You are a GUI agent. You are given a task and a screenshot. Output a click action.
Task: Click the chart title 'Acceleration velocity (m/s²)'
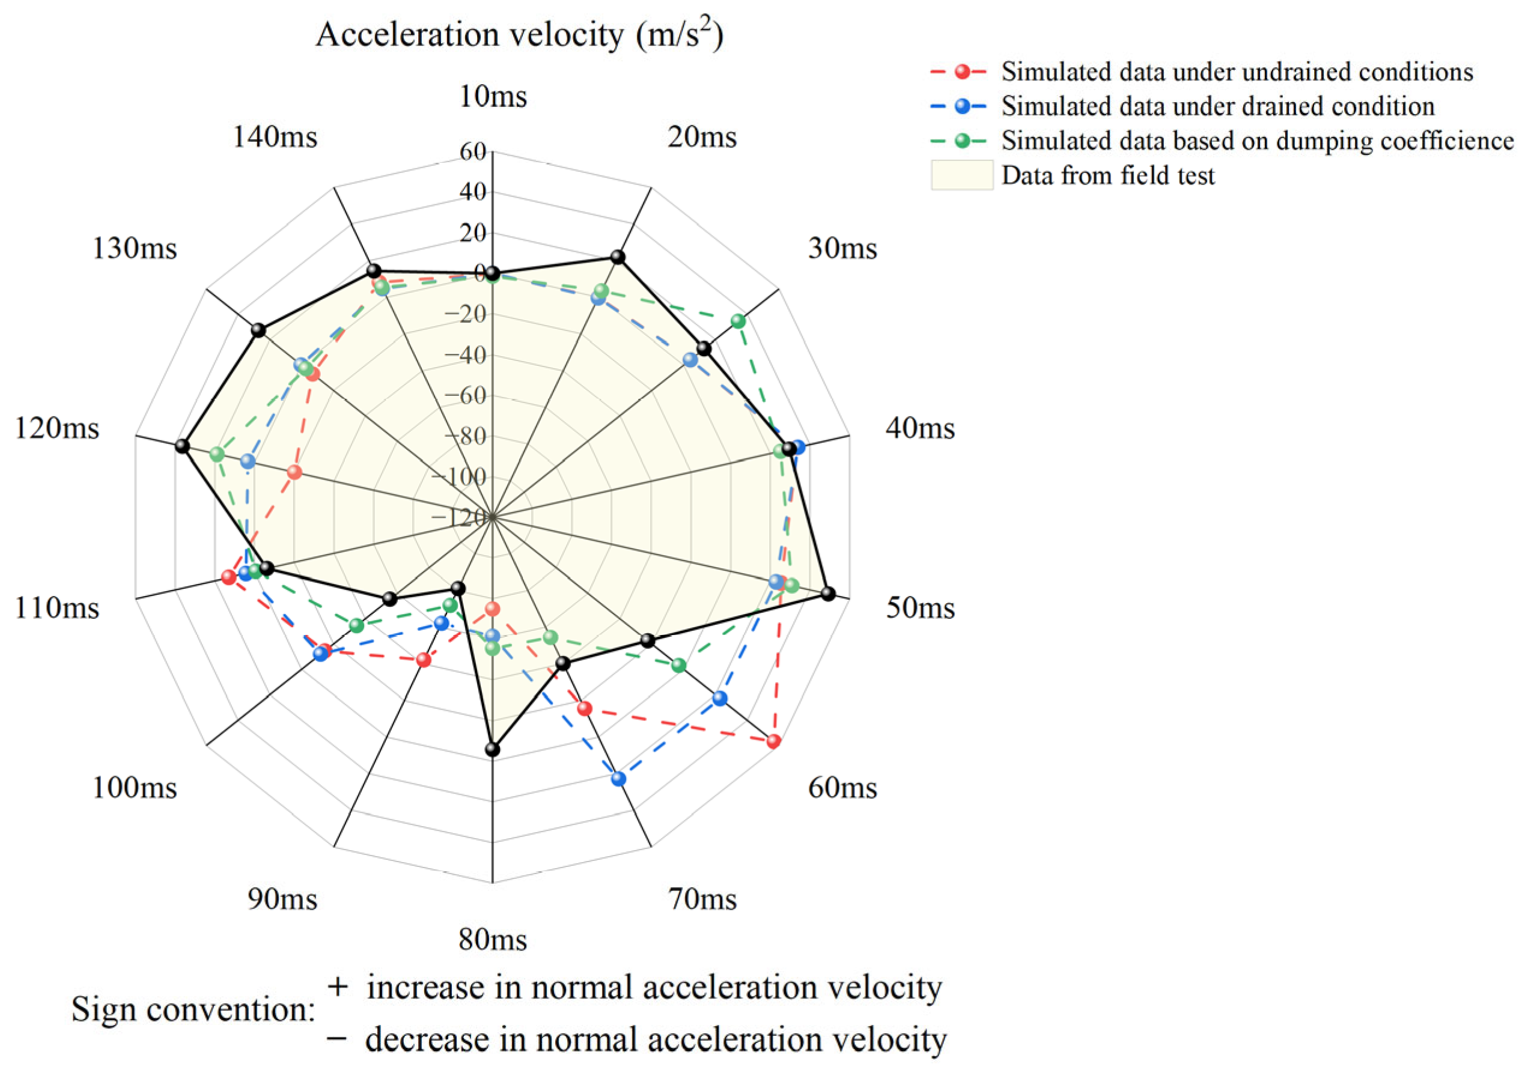519,34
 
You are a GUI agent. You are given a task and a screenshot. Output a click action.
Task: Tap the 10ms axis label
493,97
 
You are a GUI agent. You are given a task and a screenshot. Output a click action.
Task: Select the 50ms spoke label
920,609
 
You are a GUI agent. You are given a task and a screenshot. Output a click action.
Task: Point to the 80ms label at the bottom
493,940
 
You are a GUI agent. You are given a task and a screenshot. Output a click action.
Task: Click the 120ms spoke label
57,428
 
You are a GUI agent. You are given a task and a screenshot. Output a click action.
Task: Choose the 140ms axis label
275,138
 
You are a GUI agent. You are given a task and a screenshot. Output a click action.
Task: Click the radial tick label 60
473,152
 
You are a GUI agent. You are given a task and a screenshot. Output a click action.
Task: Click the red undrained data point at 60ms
773,742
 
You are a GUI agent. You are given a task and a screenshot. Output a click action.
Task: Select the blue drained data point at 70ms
619,779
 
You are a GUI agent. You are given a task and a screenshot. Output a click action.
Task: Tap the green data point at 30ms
738,321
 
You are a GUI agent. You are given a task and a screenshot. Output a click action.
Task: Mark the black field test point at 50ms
827,594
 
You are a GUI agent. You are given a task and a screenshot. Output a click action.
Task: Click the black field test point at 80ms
492,749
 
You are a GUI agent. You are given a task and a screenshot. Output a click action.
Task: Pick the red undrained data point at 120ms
295,473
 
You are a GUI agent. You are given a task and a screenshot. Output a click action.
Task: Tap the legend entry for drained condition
1217,107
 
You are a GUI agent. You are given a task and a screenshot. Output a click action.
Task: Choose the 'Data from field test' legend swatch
962,175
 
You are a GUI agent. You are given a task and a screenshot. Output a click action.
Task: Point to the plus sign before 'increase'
338,986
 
